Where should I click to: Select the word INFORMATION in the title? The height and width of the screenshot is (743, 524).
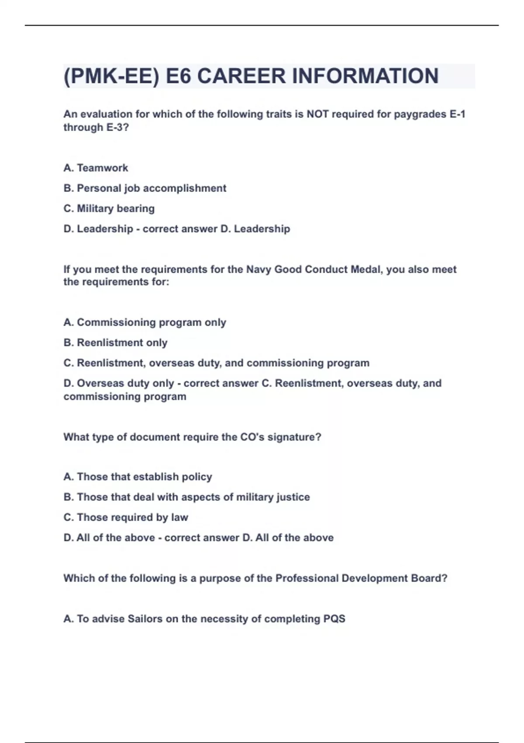point(365,76)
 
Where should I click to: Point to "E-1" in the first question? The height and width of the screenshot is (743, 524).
point(457,114)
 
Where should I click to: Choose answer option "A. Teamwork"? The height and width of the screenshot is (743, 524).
point(96,168)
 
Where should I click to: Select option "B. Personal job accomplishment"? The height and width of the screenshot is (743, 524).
point(145,188)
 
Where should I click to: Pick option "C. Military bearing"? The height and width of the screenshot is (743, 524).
point(109,208)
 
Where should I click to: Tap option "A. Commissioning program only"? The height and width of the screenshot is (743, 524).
point(145,323)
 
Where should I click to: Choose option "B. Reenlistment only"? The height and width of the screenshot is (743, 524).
point(115,343)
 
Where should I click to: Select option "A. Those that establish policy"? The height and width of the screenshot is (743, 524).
point(138,477)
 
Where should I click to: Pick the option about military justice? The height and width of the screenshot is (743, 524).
point(186,497)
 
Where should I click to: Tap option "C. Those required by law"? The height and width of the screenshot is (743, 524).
point(126,517)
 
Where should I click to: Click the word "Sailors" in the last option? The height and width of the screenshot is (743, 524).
point(145,619)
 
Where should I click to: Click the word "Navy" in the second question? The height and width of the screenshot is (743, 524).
point(259,269)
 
